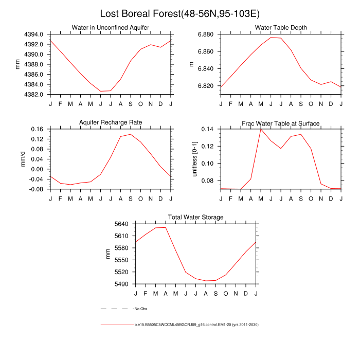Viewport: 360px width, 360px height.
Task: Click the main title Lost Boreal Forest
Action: pyautogui.click(x=179, y=13)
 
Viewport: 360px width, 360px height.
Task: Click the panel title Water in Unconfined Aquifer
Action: pyautogui.click(x=111, y=27)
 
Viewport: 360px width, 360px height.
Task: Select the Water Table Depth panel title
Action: pyautogui.click(x=281, y=27)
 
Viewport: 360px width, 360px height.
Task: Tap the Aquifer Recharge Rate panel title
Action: pyautogui.click(x=111, y=122)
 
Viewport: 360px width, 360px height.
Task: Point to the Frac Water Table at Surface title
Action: pyautogui.click(x=281, y=123)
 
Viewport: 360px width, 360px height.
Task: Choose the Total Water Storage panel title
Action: pyautogui.click(x=196, y=218)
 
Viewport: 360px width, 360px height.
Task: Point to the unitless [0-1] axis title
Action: pyautogui.click(x=194, y=159)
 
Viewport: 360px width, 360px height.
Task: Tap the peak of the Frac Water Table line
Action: pyautogui.click(x=260, y=129)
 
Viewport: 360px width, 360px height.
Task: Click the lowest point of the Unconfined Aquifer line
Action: pyautogui.click(x=101, y=91)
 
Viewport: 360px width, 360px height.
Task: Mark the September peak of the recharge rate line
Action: pyautogui.click(x=131, y=134)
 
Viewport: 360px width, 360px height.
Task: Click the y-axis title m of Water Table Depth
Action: pyautogui.click(x=192, y=64)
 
